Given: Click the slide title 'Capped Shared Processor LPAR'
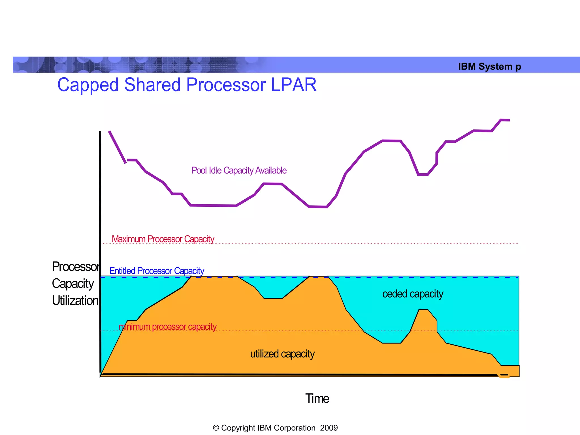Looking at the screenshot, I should tap(187, 85).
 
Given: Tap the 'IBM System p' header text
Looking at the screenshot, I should tap(489, 67).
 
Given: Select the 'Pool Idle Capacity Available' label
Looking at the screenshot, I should tap(239, 170).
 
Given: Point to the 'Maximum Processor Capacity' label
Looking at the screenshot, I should tap(163, 239).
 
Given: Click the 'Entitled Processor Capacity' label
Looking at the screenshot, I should tap(157, 271).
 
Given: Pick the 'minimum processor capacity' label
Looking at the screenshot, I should tap(167, 327).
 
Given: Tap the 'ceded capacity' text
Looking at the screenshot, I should tap(413, 294).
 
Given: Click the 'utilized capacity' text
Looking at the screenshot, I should tap(282, 354).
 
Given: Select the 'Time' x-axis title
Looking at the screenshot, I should tap(317, 398).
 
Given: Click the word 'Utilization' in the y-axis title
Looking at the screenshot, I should tap(75, 300).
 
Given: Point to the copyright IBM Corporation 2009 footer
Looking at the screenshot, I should tap(275, 428).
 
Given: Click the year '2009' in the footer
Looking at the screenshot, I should tap(329, 428).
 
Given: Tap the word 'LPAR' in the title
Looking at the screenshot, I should tap(294, 85).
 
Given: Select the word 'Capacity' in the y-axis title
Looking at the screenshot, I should tap(73, 284).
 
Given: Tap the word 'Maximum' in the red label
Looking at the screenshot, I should tap(128, 239).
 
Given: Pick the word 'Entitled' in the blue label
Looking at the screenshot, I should tap(122, 271).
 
